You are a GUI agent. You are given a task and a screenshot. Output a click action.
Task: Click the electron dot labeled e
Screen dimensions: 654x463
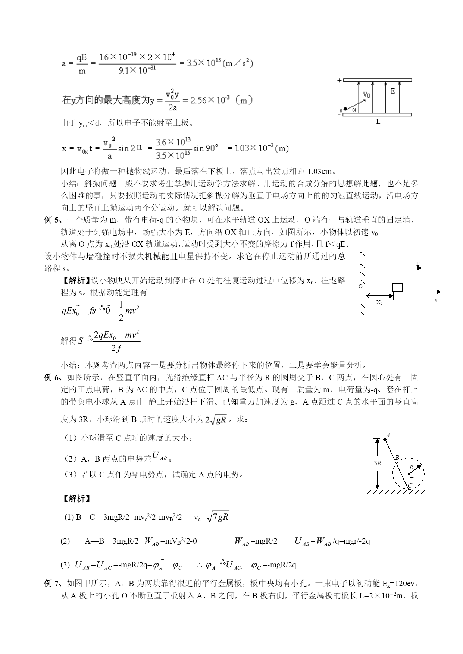(345, 109)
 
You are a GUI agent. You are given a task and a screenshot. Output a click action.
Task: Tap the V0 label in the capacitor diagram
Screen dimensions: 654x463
(367, 95)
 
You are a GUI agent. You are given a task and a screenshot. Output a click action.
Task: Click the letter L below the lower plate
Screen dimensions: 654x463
(378, 122)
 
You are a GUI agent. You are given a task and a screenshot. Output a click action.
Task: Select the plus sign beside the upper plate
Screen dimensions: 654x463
(339, 80)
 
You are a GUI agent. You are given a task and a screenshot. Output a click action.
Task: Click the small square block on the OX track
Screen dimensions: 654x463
(398, 287)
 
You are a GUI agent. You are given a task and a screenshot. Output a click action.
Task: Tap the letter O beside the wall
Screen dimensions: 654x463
(360, 286)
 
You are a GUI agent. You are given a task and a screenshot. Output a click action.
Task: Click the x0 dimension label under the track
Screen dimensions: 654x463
(379, 302)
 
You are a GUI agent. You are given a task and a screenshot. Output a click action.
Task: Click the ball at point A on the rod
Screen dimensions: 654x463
(385, 440)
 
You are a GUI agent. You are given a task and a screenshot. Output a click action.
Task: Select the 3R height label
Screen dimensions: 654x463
(377, 463)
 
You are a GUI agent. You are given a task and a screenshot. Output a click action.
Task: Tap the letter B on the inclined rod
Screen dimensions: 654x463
(397, 458)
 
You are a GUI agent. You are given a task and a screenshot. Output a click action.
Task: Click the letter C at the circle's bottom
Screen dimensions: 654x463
(410, 485)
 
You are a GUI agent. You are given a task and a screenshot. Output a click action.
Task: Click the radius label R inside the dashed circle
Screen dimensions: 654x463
(411, 467)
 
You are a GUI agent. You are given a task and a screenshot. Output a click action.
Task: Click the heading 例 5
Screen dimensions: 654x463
(52, 220)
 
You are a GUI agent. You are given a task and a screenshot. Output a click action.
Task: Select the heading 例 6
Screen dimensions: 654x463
(52, 377)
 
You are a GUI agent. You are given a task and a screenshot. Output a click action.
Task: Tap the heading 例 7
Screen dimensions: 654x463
(52, 583)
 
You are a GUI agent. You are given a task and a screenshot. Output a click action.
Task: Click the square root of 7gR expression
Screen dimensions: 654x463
(218, 517)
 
